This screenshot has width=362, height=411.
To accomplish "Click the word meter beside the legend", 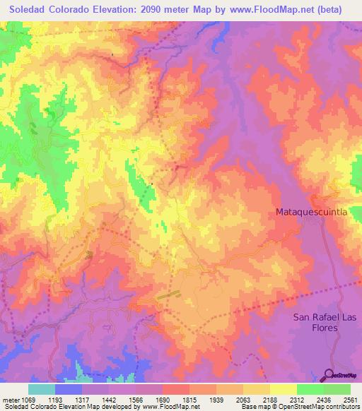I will (10, 400).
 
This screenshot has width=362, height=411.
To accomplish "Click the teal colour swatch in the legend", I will (42, 389).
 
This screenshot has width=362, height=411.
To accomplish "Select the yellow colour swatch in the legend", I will (283, 389).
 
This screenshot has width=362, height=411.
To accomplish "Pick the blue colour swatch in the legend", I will (69, 389).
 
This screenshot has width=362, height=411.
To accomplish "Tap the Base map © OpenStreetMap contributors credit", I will (299, 407).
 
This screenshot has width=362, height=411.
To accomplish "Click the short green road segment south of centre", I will (168, 294).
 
